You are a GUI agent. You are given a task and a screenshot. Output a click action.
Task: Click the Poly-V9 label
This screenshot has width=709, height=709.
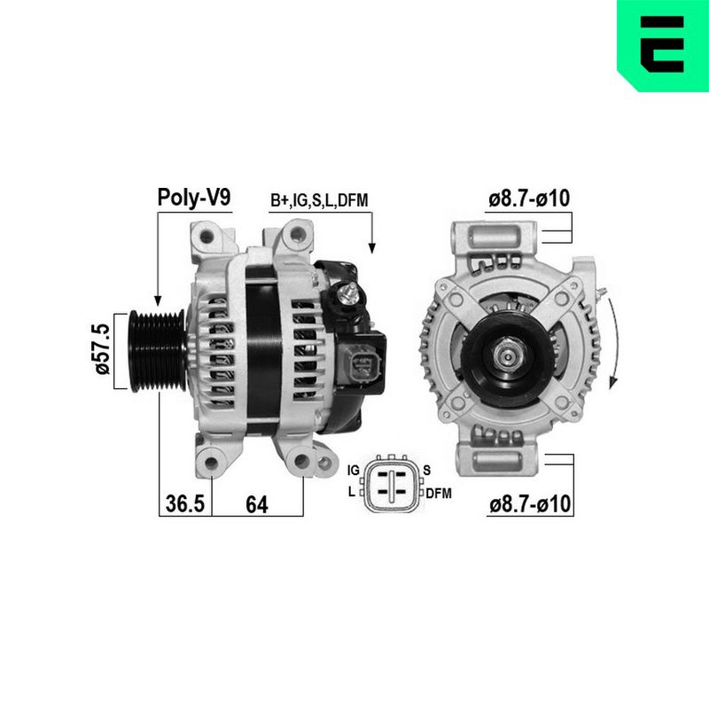(x=194, y=198)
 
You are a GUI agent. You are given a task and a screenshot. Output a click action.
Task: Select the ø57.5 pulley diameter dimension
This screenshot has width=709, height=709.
(x=103, y=349)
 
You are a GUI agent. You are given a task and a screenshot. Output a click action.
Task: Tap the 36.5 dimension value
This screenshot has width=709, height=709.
(x=185, y=503)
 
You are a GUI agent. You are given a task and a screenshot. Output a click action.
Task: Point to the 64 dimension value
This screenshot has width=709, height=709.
(x=257, y=504)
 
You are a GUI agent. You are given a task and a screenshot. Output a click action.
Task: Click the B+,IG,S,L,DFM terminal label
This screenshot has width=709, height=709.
(x=319, y=200)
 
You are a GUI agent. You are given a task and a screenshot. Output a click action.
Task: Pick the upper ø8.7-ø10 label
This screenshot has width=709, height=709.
(x=529, y=198)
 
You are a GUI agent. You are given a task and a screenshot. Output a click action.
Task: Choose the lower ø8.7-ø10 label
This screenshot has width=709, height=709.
(x=530, y=503)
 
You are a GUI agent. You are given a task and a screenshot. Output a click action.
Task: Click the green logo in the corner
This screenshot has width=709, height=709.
(x=663, y=46)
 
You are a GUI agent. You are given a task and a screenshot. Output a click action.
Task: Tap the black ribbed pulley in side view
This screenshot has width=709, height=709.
(x=158, y=350)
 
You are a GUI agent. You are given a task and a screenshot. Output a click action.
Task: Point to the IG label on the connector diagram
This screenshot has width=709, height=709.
(x=353, y=471)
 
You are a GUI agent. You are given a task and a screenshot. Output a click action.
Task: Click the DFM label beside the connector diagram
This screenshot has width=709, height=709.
(x=439, y=494)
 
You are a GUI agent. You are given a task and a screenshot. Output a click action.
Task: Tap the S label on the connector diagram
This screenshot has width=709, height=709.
(x=427, y=471)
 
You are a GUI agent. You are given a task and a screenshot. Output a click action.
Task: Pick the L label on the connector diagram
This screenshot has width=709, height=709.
(x=351, y=492)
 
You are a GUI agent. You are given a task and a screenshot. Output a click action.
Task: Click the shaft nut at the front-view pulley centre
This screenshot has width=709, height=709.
(x=509, y=357)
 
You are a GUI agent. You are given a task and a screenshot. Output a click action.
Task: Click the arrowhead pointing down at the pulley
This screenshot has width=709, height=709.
(x=158, y=300)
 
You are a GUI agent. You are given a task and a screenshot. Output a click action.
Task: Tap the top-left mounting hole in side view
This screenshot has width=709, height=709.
(x=206, y=236)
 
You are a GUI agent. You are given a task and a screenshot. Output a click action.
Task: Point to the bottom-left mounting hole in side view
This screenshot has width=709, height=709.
(x=211, y=462)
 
